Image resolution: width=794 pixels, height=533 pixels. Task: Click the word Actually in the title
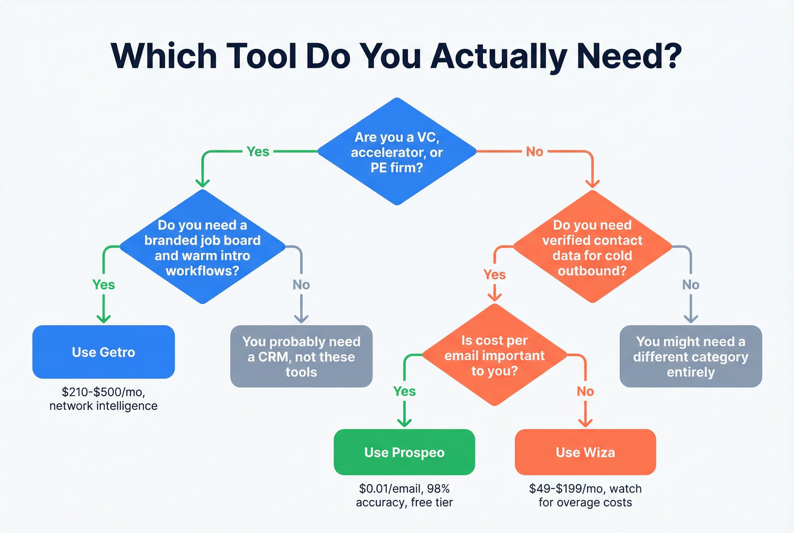coord(500,57)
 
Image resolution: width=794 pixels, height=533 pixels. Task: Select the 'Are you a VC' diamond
coord(397,152)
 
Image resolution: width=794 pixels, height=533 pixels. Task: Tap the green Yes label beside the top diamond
coord(258,152)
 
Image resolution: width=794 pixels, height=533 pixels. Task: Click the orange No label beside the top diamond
coord(534,152)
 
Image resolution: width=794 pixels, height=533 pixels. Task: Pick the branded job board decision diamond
coord(202,247)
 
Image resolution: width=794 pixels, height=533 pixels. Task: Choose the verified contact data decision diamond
coord(592,247)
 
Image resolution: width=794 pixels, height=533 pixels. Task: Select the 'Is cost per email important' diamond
coord(495,355)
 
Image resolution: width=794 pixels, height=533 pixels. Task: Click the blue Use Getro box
coord(104,352)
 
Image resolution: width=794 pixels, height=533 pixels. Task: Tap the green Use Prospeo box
coord(404,452)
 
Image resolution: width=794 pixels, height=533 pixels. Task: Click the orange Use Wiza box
coord(585,452)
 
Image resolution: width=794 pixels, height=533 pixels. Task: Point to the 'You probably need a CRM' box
coord(301,356)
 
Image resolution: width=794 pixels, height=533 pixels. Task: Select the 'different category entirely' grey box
coord(691,356)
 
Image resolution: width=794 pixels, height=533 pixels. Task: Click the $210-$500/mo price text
coord(103,392)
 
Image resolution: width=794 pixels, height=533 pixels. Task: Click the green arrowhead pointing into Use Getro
coord(103,318)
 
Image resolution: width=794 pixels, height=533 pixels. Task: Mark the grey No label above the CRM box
coord(301,284)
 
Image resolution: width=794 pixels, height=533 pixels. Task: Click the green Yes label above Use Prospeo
coord(404,391)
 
